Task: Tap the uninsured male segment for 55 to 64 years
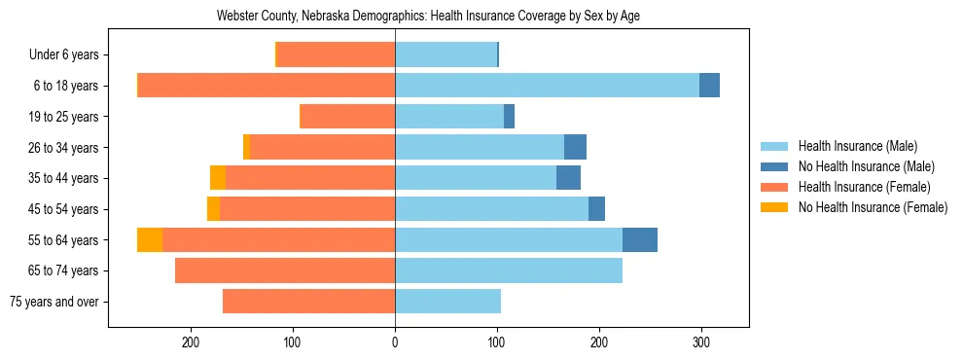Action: pos(640,239)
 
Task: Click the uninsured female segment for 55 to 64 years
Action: pos(150,239)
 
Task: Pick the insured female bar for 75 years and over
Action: pos(308,302)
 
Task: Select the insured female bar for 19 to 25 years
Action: pos(347,117)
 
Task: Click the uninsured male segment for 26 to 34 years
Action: pos(575,147)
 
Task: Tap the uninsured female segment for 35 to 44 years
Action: pos(218,178)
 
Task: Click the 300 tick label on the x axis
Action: pos(701,342)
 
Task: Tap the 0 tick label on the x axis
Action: pos(395,342)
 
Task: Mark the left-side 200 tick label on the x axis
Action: pos(191,342)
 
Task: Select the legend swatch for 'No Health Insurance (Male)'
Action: pos(776,166)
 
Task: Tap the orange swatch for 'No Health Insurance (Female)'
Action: pos(776,207)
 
